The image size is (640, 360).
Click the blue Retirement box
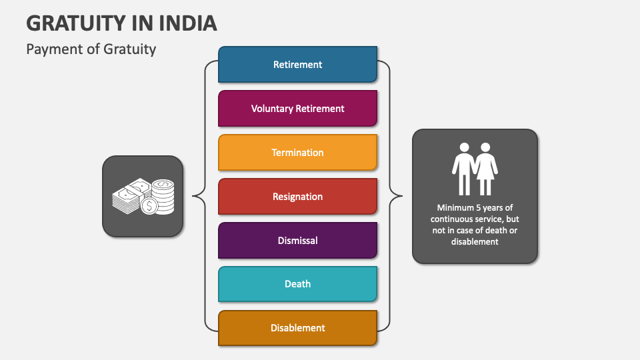[297, 65]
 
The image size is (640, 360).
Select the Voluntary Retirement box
[297, 108]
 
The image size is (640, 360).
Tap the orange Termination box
[297, 153]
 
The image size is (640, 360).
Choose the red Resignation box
[297, 197]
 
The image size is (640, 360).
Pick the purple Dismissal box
[297, 240]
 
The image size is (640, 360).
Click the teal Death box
[297, 284]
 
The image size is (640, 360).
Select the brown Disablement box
[297, 328]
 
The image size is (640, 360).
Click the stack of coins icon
[162, 195]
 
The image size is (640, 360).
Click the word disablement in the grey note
[475, 242]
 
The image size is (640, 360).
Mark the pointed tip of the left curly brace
[193, 196]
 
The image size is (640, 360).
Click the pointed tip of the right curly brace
[402, 196]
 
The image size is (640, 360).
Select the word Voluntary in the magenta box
[272, 108]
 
